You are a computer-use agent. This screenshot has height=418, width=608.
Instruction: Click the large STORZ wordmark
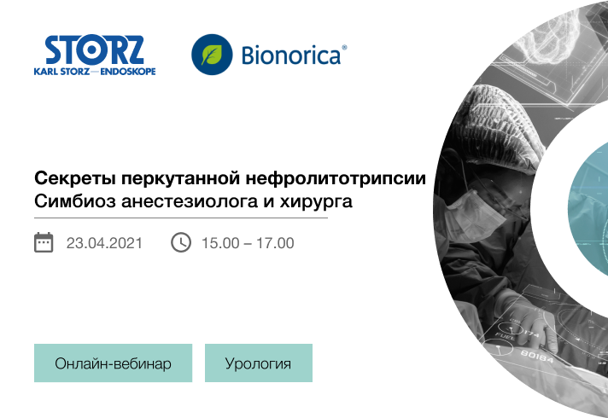click(95, 50)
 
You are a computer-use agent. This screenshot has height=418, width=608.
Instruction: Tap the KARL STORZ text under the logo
click(61, 72)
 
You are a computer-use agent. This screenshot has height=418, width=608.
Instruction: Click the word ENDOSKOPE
click(128, 72)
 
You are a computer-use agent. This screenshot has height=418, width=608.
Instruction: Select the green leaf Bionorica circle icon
click(212, 55)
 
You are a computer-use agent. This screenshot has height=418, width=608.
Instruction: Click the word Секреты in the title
click(75, 178)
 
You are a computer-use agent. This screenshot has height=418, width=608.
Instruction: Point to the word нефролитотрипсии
click(336, 178)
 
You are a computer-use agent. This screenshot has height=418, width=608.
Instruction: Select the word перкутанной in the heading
click(181, 179)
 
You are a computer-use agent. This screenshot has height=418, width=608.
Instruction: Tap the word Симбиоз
click(75, 201)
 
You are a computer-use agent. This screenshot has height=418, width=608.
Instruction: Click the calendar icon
click(44, 242)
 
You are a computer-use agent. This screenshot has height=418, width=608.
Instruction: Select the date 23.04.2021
click(104, 243)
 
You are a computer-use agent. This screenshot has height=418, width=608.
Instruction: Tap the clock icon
click(181, 242)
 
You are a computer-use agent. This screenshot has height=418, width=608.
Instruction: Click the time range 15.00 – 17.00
click(248, 243)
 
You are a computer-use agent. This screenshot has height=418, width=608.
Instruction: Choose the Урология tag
click(259, 363)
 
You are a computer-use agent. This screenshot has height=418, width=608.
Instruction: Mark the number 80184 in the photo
click(537, 356)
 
